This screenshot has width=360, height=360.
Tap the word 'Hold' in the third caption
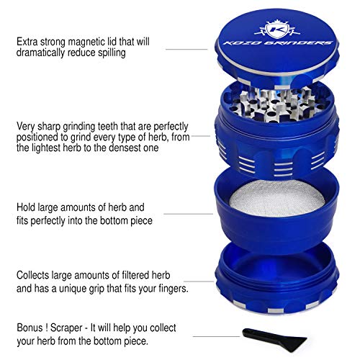[28, 207]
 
